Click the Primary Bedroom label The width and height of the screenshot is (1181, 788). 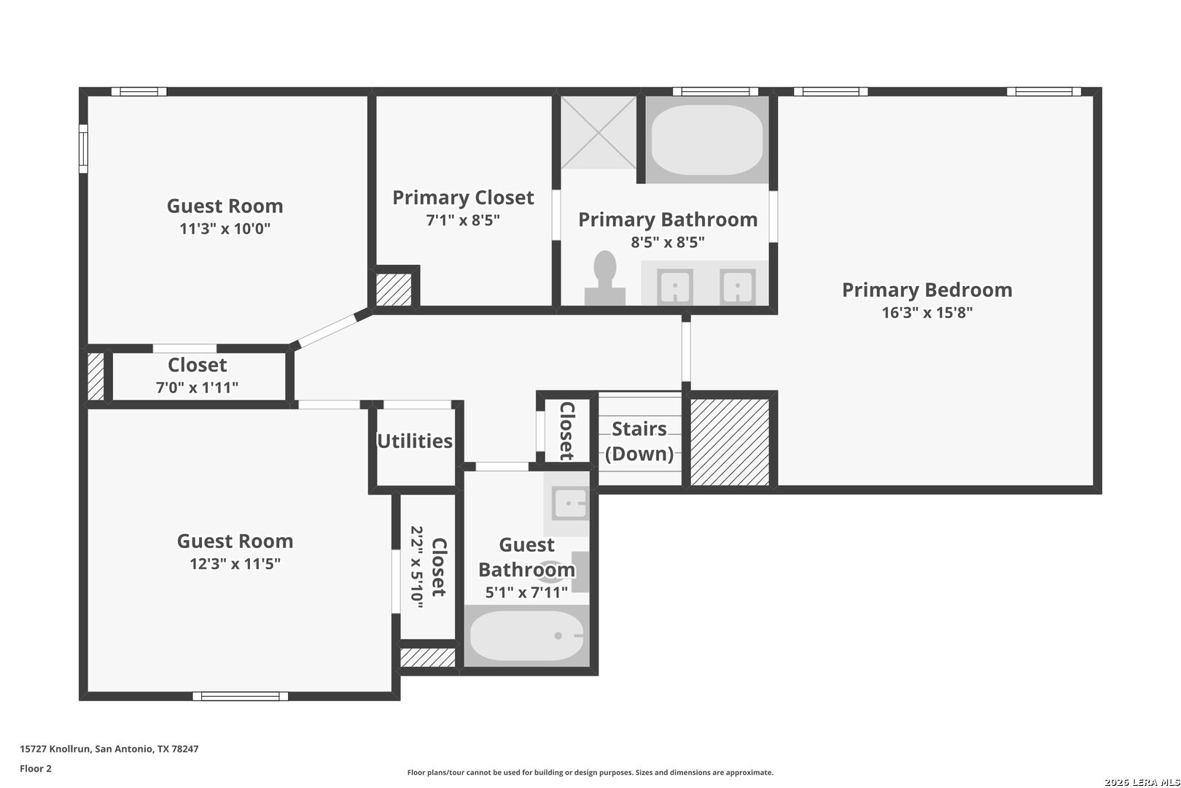(x=927, y=290)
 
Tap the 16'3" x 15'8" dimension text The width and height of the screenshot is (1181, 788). (x=927, y=312)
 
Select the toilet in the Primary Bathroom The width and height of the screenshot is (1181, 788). (x=605, y=277)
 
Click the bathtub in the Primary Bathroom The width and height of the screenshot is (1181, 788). (x=707, y=140)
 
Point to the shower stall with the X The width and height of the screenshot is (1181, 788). (x=599, y=133)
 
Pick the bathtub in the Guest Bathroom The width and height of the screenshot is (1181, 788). (x=526, y=636)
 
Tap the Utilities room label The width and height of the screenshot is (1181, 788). (x=415, y=441)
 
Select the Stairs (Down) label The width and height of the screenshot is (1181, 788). (x=639, y=441)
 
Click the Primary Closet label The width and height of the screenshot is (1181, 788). (x=463, y=198)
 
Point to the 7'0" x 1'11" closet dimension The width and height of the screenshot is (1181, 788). (x=197, y=388)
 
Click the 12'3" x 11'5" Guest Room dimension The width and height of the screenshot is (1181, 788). (x=235, y=564)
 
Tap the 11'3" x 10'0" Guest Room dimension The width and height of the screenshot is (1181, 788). (x=225, y=228)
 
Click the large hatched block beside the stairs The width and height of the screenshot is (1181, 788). (x=730, y=441)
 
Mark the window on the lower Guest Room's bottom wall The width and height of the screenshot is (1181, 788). (x=241, y=696)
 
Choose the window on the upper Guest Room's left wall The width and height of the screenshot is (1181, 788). (x=83, y=149)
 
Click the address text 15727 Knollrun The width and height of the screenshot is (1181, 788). (x=56, y=749)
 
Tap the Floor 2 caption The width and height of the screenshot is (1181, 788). (x=36, y=768)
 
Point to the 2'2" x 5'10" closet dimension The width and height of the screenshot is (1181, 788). (x=417, y=567)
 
